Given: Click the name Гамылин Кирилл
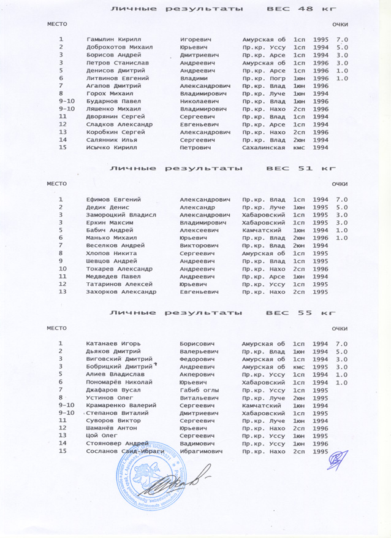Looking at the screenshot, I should tap(114, 39).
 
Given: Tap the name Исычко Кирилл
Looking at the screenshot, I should tap(112, 148).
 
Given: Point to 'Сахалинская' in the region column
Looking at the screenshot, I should tap(264, 148).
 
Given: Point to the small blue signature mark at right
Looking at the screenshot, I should tap(336, 457).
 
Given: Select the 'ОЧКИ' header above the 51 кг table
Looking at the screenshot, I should tap(339, 184).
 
